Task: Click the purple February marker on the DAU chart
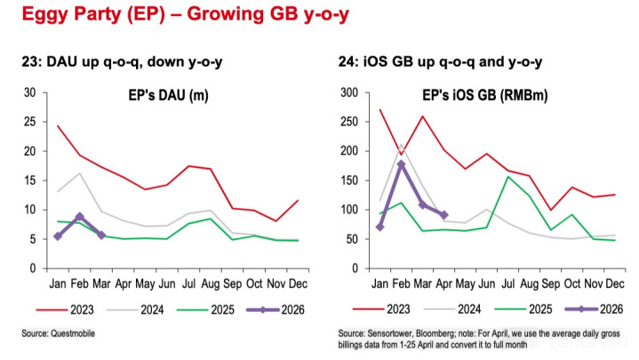tap(79, 217)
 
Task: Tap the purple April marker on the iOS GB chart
tap(444, 215)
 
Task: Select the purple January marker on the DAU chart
tap(58, 236)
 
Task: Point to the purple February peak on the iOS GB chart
tap(402, 164)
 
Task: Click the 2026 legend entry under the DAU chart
tap(276, 310)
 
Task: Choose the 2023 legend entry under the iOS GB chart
tap(381, 309)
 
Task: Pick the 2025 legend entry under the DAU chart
tap(205, 310)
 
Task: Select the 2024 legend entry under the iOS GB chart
tap(452, 309)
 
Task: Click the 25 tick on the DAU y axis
tap(29, 122)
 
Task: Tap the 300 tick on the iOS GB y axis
tap(349, 92)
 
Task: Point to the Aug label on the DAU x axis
tap(211, 284)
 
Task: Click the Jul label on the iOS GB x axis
tap(508, 284)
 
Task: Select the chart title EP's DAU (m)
tap(168, 95)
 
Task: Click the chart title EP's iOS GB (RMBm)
tap(485, 95)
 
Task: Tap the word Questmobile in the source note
tap(73, 333)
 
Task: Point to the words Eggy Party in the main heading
tap(72, 15)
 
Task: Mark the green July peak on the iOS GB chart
tap(508, 177)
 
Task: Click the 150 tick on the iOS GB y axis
tap(349, 180)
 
